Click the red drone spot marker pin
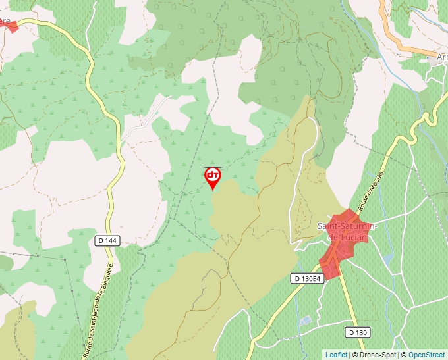pyautogui.click(x=213, y=177)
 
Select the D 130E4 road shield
pyautogui.click(x=307, y=279)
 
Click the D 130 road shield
pyautogui.click(x=357, y=332)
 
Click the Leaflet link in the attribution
pyautogui.click(x=336, y=355)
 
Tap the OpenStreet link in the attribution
pyautogui.click(x=426, y=355)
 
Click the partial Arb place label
pyautogui.click(x=441, y=57)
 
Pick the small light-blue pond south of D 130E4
pyautogui.click(x=304, y=321)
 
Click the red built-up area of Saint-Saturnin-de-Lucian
pyautogui.click(x=340, y=244)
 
